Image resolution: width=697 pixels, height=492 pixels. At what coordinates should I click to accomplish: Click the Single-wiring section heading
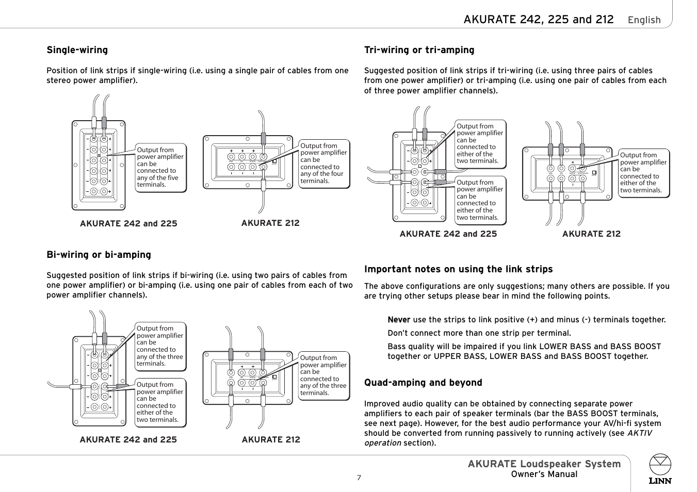pyautogui.click(x=77, y=50)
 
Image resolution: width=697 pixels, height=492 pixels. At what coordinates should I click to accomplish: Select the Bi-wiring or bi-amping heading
pyautogui.click(x=99, y=255)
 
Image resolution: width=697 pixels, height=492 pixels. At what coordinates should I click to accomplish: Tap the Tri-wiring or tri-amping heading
pyautogui.click(x=419, y=50)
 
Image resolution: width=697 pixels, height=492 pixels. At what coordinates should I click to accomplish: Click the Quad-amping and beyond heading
pyautogui.click(x=423, y=383)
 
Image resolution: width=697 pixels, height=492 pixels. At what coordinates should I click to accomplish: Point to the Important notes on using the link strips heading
pyautogui.click(x=458, y=269)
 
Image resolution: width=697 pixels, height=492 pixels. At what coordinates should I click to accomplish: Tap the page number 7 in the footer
pyautogui.click(x=359, y=478)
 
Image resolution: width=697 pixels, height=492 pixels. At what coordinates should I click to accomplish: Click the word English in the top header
pyautogui.click(x=644, y=20)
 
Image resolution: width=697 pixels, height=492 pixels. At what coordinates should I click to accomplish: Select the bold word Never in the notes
pyautogui.click(x=399, y=320)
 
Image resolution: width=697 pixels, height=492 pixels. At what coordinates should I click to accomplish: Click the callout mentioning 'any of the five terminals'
pyautogui.click(x=160, y=168)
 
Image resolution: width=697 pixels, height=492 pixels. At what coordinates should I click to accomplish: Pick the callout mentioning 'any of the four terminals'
pyautogui.click(x=323, y=163)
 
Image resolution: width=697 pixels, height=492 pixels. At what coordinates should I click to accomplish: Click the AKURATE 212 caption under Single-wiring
pyautogui.click(x=270, y=223)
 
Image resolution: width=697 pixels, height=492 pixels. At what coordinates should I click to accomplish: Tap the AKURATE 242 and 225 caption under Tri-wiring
pyautogui.click(x=448, y=234)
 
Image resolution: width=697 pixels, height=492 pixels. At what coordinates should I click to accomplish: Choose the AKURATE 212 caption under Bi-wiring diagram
pyautogui.click(x=271, y=440)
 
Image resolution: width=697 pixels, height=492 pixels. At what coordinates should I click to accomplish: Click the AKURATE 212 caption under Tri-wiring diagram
pyautogui.click(x=591, y=234)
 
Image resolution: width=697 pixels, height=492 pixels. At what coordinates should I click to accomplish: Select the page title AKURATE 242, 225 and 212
pyautogui.click(x=538, y=20)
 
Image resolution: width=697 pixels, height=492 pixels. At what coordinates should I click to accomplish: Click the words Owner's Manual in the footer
pyautogui.click(x=544, y=474)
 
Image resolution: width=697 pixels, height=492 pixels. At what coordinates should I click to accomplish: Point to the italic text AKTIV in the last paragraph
pyautogui.click(x=639, y=433)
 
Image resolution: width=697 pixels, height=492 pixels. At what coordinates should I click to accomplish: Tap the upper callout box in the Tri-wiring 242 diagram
pyautogui.click(x=480, y=144)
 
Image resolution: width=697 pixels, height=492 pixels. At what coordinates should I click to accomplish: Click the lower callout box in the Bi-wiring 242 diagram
pyautogui.click(x=160, y=402)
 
